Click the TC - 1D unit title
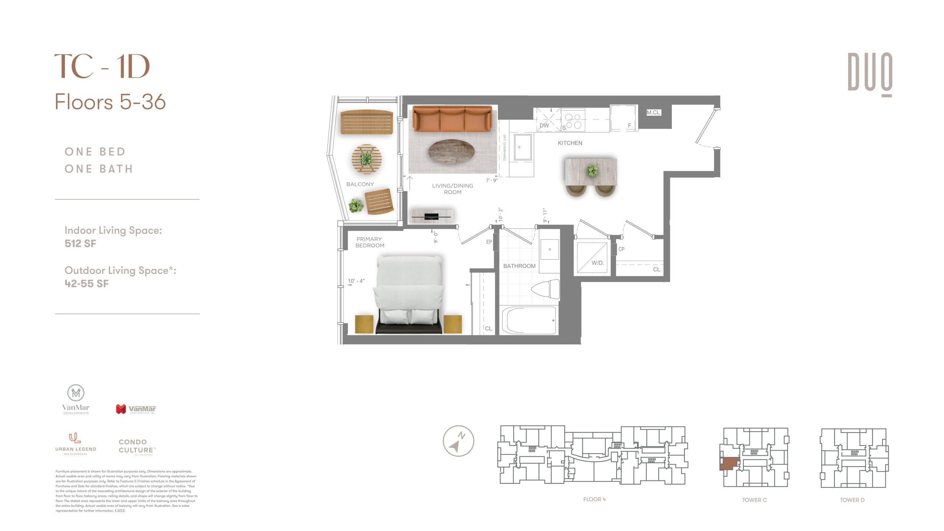(x=102, y=66)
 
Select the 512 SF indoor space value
(x=80, y=243)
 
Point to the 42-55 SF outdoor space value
(x=87, y=284)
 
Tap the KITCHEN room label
(x=570, y=143)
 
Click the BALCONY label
(x=360, y=184)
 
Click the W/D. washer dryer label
(x=598, y=263)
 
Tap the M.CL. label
(x=653, y=112)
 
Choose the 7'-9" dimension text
(x=492, y=181)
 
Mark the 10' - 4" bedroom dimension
(x=356, y=281)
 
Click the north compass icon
(x=458, y=441)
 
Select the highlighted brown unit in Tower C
(x=729, y=464)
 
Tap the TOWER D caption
(x=852, y=500)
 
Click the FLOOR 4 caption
(x=594, y=499)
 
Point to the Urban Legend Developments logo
(x=76, y=444)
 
